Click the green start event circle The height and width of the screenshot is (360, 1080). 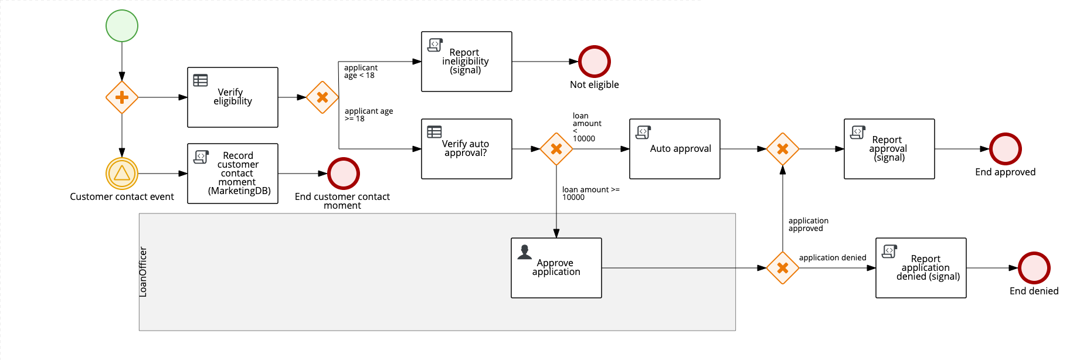tap(122, 26)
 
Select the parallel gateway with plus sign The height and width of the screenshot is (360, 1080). tap(122, 97)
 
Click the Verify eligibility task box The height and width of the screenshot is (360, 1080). tap(233, 97)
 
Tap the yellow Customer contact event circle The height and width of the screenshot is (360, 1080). tap(122, 174)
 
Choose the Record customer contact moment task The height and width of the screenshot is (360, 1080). tap(233, 174)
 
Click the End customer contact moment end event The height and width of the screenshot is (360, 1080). tap(343, 174)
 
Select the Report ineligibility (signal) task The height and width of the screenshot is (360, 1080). tap(467, 62)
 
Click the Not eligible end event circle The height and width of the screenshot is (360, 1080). tap(595, 62)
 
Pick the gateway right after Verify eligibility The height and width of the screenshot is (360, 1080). tap(322, 97)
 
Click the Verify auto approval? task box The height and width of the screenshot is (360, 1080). tap(467, 149)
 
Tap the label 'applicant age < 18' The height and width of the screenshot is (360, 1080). tap(360, 72)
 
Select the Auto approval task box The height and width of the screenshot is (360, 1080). tap(675, 149)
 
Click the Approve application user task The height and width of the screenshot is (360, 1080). tap(556, 268)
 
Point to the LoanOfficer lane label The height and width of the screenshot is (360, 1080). tap(143, 271)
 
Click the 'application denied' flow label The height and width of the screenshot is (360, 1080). tap(832, 257)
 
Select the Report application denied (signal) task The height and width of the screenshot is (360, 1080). tap(921, 268)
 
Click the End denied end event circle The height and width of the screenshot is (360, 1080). tap(1034, 268)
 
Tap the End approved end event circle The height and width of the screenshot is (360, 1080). tap(1005, 149)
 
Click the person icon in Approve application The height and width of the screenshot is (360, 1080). tap(525, 252)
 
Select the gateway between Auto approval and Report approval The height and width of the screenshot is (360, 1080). tap(783, 149)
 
